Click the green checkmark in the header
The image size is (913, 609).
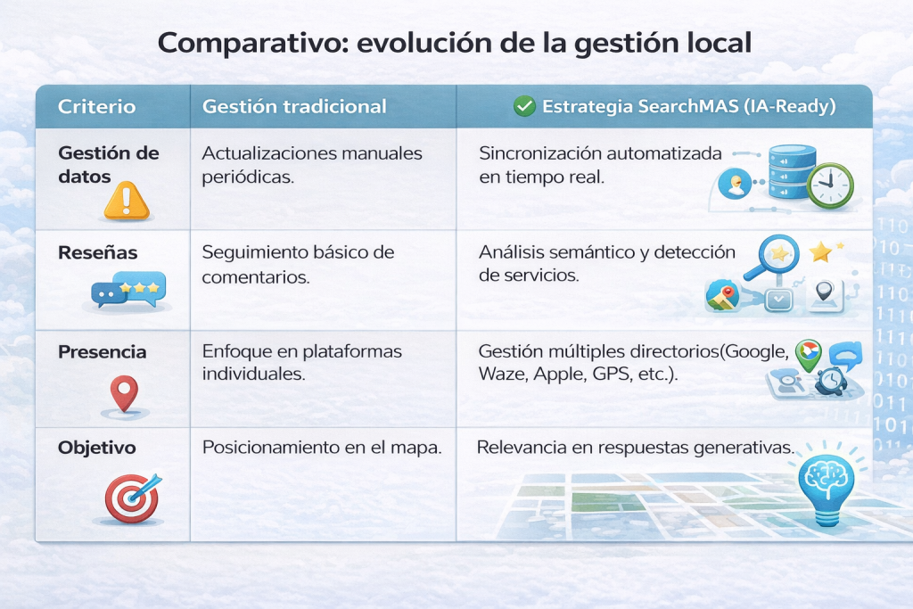(x=524, y=106)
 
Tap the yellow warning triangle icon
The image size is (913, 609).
(x=127, y=201)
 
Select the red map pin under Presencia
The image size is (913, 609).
(x=124, y=393)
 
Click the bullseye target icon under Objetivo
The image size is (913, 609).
(x=133, y=498)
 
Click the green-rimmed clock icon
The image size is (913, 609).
(x=830, y=185)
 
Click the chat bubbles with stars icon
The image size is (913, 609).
(x=128, y=290)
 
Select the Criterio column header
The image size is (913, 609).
(x=96, y=106)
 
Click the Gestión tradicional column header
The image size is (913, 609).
(x=294, y=106)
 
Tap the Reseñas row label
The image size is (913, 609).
(x=98, y=252)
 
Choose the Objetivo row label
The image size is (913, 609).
(x=96, y=448)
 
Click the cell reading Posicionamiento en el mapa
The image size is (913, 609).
(x=321, y=447)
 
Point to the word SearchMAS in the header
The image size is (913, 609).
(x=688, y=106)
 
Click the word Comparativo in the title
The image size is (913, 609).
(x=252, y=43)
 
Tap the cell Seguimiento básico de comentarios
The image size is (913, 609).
(x=298, y=264)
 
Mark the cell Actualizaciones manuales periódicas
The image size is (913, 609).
(x=312, y=165)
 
